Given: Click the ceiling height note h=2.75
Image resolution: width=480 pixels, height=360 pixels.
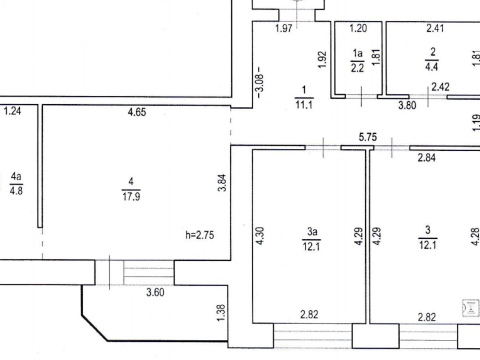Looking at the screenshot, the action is point(199,235).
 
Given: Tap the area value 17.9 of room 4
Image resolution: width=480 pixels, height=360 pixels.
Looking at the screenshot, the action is point(131,196).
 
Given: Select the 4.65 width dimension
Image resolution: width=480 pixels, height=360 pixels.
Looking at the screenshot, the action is point(137,112).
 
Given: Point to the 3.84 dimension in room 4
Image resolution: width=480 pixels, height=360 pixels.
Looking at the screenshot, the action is point(222,183).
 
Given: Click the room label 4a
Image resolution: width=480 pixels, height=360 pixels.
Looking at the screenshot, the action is point(16,176).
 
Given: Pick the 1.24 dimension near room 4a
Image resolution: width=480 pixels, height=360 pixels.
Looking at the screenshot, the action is point(12,111).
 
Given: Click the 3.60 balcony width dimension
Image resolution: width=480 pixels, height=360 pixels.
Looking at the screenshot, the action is point(155,292).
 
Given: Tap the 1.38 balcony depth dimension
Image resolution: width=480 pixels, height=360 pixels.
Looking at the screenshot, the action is point(221,313).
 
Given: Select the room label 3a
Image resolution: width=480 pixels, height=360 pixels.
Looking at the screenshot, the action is point(312,231).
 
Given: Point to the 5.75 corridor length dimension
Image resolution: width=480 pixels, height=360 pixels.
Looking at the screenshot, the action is point(368,137).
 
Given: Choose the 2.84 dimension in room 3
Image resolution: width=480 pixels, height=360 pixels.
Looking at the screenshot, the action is point(427,157).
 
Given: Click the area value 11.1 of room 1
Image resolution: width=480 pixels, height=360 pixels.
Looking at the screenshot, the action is point(304,105).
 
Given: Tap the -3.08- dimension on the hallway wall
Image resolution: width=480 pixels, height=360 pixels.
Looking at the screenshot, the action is point(260,82).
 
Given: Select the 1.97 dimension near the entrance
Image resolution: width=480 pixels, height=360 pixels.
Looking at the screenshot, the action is point(283,28).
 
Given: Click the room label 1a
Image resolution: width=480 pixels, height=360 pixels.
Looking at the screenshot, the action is point(358,53).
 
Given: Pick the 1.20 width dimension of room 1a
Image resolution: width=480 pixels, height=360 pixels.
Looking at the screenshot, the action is point(358,28).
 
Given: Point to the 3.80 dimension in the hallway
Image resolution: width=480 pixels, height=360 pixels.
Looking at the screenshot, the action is point(407,105).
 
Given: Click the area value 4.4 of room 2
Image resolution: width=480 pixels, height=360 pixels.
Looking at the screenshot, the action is point(432,67).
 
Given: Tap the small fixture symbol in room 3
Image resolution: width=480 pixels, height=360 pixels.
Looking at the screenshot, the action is point(471,308).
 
